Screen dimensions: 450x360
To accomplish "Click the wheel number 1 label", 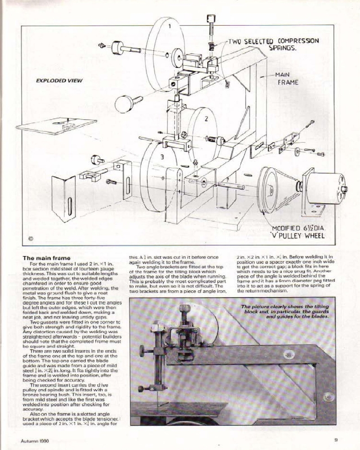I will point(170,26).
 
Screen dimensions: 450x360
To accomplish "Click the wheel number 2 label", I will point(206,119).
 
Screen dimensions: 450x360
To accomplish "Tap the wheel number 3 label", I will point(162,157).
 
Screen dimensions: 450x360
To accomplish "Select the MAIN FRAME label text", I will point(287,79).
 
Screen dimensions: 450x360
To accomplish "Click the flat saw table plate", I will point(56,126).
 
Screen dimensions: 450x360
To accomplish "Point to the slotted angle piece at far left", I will point(63,198).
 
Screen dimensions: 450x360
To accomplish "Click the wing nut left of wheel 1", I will point(102,45).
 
